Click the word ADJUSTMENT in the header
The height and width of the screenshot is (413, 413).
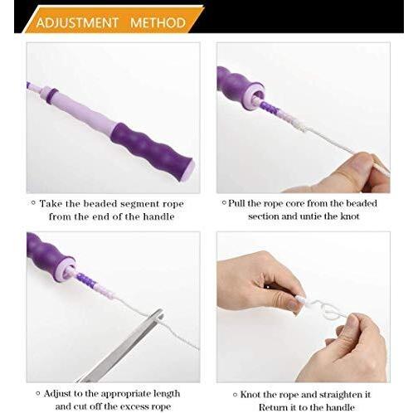point(76,22)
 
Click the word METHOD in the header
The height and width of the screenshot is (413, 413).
point(158,22)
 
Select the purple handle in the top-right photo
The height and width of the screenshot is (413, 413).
point(236,85)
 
